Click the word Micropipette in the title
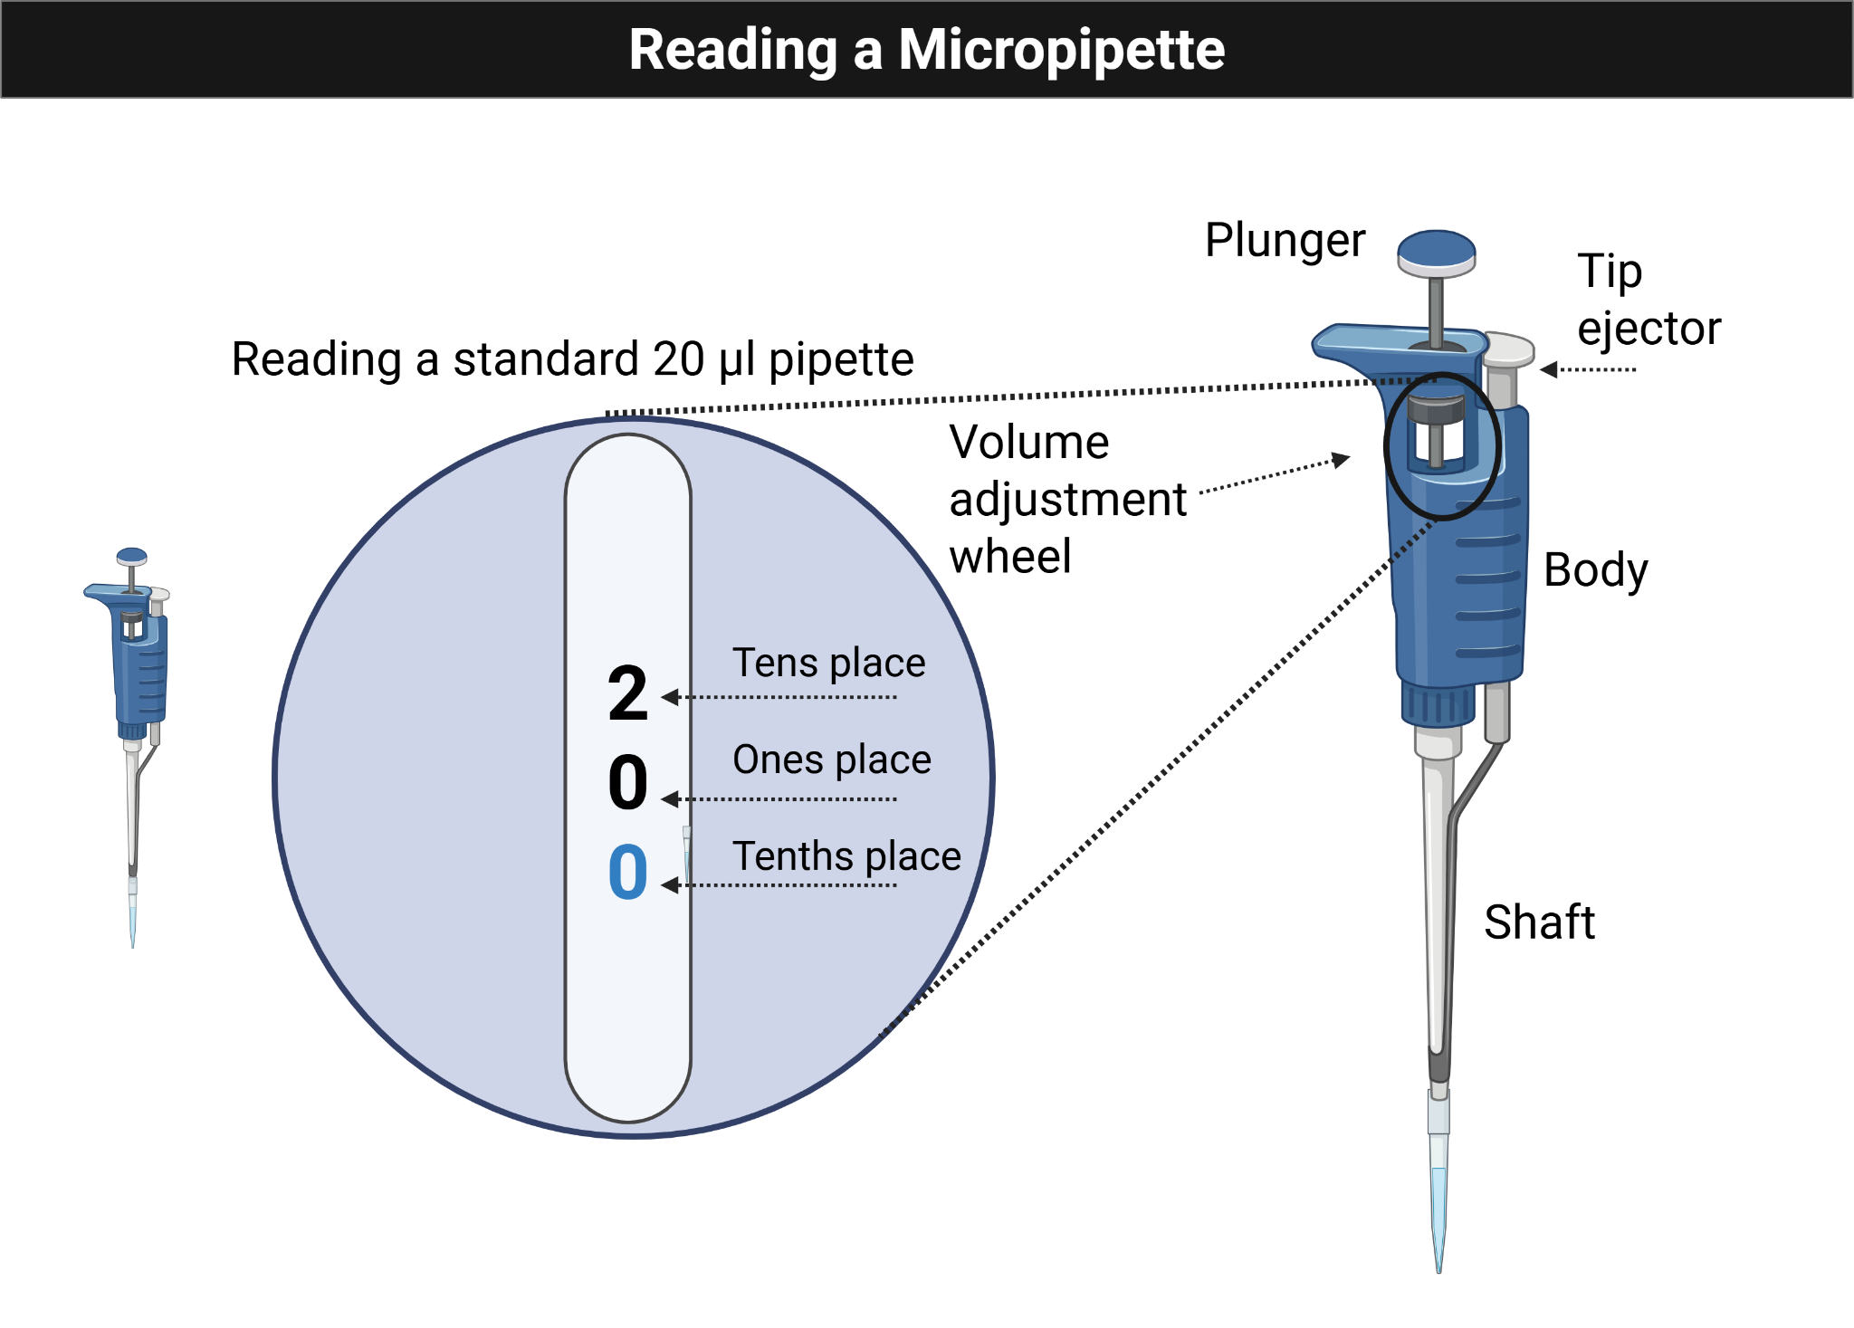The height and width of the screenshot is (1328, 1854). [1061, 51]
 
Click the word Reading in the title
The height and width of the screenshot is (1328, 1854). [732, 51]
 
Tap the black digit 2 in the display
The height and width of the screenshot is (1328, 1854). [627, 693]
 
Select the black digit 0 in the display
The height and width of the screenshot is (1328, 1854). [627, 782]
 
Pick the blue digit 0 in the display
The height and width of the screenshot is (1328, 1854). [627, 872]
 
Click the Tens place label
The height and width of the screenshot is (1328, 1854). [828, 663]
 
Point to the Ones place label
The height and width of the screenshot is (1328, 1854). [831, 760]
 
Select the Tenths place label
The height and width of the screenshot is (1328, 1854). [846, 856]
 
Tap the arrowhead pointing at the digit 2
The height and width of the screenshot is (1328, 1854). [669, 697]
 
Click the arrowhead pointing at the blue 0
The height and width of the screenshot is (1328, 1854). [669, 885]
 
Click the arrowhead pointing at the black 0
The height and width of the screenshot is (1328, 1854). [669, 799]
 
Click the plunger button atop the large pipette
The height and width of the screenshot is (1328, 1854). [1436, 252]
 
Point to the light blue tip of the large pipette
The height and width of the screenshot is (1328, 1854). [1438, 1204]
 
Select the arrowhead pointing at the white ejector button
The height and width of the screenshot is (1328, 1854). [1549, 369]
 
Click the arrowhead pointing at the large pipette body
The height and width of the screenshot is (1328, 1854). [1343, 460]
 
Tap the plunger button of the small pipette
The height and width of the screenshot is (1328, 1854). [132, 556]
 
